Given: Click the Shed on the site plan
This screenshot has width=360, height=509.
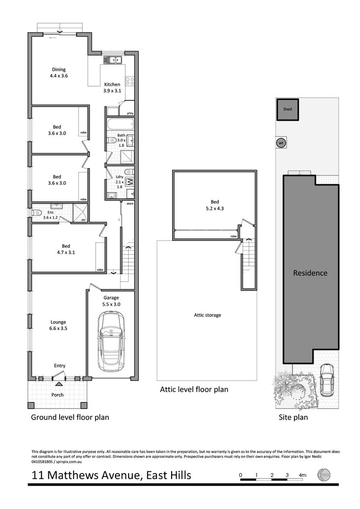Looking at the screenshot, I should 287,110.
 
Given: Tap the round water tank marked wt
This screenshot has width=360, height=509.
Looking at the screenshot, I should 281,143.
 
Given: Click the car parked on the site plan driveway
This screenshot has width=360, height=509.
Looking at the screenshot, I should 327,381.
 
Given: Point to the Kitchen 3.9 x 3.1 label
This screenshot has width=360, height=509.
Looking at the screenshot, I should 112,88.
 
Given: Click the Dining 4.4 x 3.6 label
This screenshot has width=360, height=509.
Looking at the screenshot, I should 58,73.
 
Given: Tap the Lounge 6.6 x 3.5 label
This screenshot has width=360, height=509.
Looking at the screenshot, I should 58,326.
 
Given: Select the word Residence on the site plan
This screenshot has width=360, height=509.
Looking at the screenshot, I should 310,273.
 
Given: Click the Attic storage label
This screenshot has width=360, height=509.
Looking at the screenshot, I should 207,315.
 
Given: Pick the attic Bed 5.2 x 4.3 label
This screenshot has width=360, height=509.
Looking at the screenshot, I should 215,205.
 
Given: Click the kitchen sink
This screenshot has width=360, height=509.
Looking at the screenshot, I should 113,61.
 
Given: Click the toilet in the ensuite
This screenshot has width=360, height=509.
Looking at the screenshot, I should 37,213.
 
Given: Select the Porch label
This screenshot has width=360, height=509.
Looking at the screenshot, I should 58,395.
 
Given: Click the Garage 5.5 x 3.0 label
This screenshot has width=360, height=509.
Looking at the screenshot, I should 111,301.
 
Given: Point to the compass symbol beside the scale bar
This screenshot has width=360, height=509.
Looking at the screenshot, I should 324,475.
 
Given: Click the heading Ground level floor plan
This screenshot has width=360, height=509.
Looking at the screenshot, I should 70,417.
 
